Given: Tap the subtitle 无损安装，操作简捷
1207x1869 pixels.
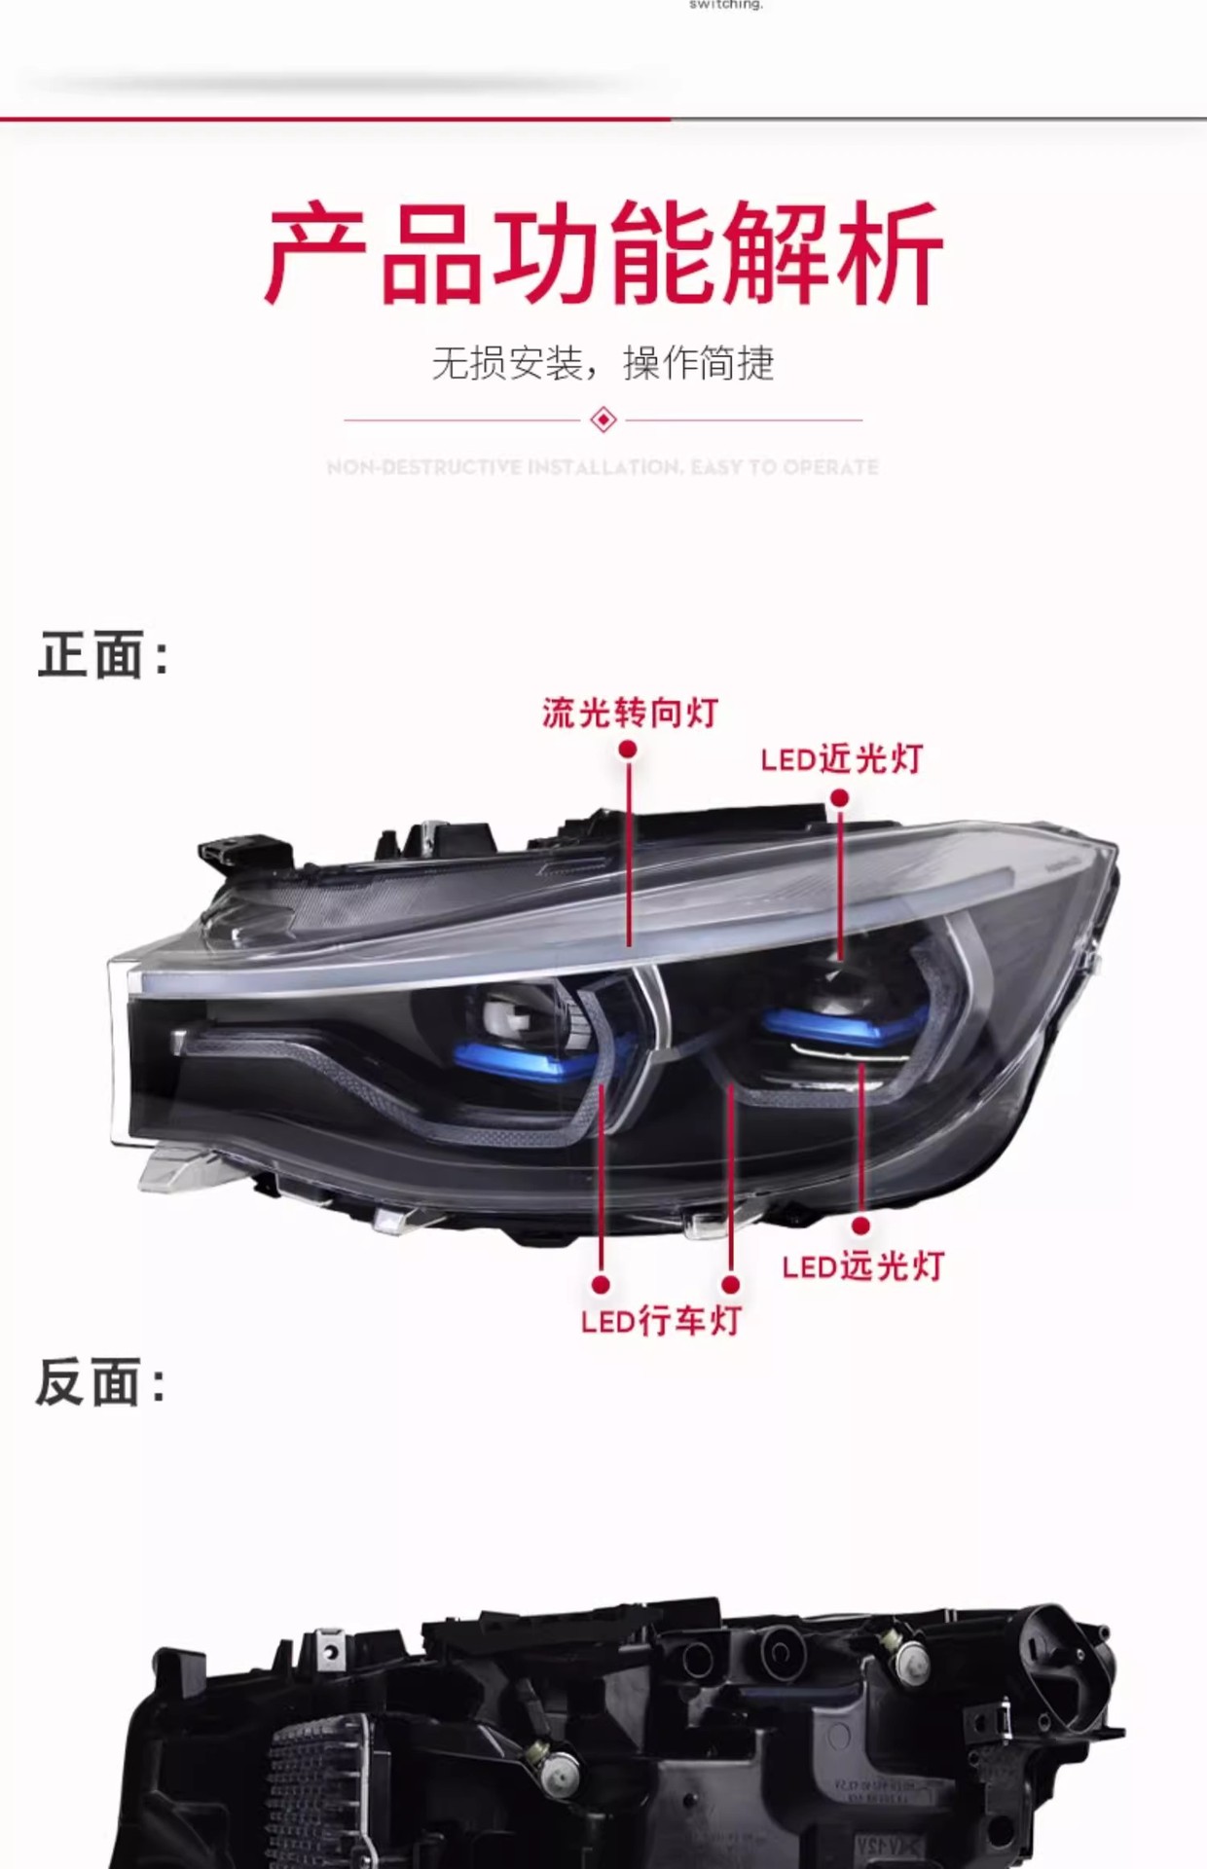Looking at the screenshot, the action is pos(603,364).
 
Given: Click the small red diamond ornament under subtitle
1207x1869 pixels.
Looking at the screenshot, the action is pos(603,421).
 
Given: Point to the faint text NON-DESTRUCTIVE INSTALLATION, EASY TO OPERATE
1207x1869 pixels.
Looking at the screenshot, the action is pos(603,467).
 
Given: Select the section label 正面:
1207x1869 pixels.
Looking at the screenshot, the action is pos(102,655).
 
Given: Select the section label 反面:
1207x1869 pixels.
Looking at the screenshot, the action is pos(100,1382).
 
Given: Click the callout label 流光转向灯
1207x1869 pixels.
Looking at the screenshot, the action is pos(630,713).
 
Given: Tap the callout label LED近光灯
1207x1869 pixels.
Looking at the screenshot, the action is pos(841,759).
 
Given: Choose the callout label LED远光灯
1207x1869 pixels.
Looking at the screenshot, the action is pos(862,1266).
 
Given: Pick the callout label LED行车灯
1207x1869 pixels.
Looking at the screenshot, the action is pos(661,1321).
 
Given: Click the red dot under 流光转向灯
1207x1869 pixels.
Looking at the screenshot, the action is pos(628,749).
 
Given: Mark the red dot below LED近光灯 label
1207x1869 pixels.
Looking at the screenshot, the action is pos(839,798).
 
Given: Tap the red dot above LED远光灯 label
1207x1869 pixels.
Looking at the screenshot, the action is pos(860,1227).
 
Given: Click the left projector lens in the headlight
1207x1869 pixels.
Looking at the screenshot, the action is pos(516,1017).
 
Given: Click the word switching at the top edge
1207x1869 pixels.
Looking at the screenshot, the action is pos(725,5).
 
